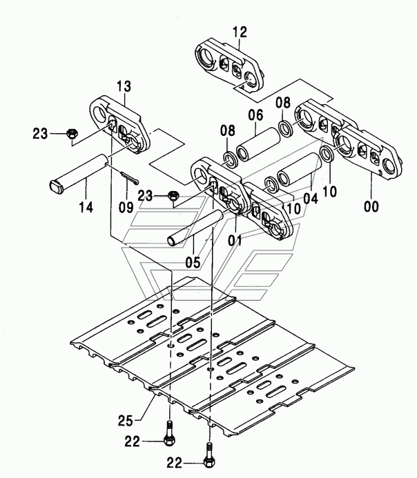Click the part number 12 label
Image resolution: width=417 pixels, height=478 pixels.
point(240,32)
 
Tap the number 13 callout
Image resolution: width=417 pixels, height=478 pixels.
point(124,87)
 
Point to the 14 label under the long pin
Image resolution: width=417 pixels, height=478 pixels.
point(86,208)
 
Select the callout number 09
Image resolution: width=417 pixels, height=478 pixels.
point(126,208)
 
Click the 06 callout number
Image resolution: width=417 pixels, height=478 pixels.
point(255,115)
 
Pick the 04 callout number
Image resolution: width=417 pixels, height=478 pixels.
point(311,199)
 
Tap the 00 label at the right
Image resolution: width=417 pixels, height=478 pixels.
point(371,206)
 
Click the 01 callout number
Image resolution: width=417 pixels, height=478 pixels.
point(235,241)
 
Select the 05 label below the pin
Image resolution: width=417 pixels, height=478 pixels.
point(193,263)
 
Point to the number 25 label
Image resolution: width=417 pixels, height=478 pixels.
point(126,421)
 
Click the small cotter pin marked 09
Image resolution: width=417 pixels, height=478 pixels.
point(129,178)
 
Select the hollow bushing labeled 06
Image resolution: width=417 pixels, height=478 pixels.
point(258,144)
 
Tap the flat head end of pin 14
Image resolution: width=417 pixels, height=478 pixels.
point(56,186)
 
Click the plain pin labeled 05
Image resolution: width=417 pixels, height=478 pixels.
point(195,227)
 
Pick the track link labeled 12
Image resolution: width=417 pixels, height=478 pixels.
point(229,66)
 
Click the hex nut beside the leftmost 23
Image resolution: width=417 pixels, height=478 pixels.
point(72,133)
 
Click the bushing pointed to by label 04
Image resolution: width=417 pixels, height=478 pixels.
point(300,169)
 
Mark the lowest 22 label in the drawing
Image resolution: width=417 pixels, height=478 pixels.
point(174,463)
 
